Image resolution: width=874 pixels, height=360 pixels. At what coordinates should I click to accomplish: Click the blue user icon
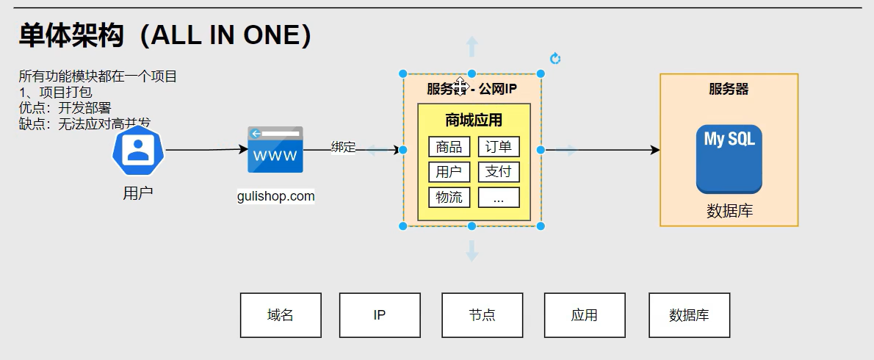[x=137, y=149]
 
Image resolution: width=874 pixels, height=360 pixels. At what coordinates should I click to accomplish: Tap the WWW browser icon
[x=275, y=150]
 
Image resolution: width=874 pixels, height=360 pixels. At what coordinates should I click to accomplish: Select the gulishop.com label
[x=276, y=196]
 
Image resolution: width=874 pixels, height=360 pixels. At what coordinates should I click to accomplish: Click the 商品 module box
[x=449, y=147]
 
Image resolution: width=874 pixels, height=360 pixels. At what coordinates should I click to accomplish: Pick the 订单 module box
[x=499, y=147]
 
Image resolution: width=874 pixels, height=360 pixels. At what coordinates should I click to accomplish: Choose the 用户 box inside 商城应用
[x=449, y=172]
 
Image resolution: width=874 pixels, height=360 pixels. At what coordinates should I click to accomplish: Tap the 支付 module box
[x=499, y=172]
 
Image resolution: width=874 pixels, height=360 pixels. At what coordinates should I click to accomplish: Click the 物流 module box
[x=449, y=197]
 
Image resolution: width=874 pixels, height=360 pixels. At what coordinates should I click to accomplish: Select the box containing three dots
[x=499, y=197]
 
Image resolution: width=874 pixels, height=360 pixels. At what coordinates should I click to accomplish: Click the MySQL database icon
[x=729, y=159]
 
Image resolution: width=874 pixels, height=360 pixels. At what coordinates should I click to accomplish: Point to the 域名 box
[x=281, y=315]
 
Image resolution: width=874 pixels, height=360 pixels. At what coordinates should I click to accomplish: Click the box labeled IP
[x=380, y=315]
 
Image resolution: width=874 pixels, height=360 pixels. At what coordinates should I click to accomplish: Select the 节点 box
[x=482, y=315]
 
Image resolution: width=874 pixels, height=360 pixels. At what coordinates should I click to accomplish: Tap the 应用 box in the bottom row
[x=584, y=315]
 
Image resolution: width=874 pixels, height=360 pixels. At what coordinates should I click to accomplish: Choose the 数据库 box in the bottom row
[x=689, y=315]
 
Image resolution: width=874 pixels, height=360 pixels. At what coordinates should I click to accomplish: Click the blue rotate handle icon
[x=555, y=59]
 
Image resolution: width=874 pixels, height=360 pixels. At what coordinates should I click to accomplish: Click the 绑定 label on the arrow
[x=343, y=147]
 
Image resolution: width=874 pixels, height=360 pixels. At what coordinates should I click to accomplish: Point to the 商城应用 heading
[x=474, y=120]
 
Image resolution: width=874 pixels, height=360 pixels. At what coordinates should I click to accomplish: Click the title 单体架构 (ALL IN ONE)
[x=165, y=35]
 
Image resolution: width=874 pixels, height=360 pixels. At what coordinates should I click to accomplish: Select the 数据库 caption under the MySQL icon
[x=729, y=212]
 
